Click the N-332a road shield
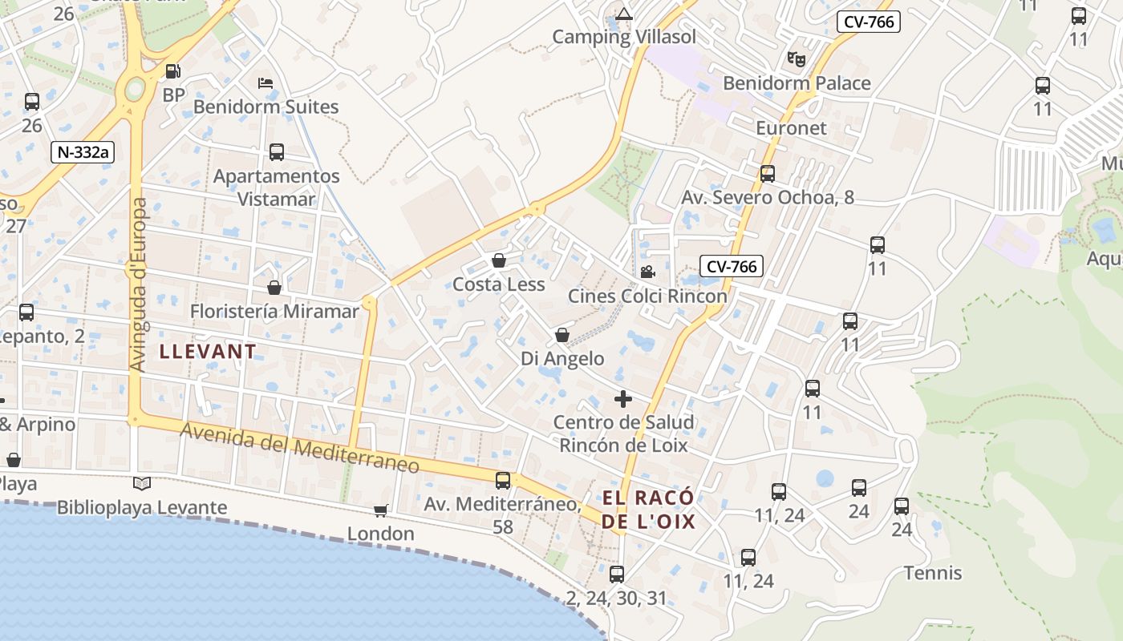(83, 151)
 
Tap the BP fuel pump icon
(172, 71)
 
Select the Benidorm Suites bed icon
(266, 83)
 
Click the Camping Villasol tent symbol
(624, 14)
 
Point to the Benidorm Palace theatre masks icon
(796, 58)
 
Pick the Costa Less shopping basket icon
(498, 260)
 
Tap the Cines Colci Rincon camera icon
(647, 272)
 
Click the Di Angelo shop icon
(562, 335)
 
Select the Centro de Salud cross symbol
(623, 398)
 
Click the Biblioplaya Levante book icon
(142, 483)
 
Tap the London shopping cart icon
(381, 510)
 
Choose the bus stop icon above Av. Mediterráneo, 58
(503, 481)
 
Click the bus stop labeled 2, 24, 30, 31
(616, 574)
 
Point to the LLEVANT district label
(208, 351)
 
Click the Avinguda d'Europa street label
(139, 285)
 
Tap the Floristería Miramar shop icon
(274, 287)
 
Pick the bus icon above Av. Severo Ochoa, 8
(768, 173)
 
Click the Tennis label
(933, 573)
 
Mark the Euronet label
(791, 128)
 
